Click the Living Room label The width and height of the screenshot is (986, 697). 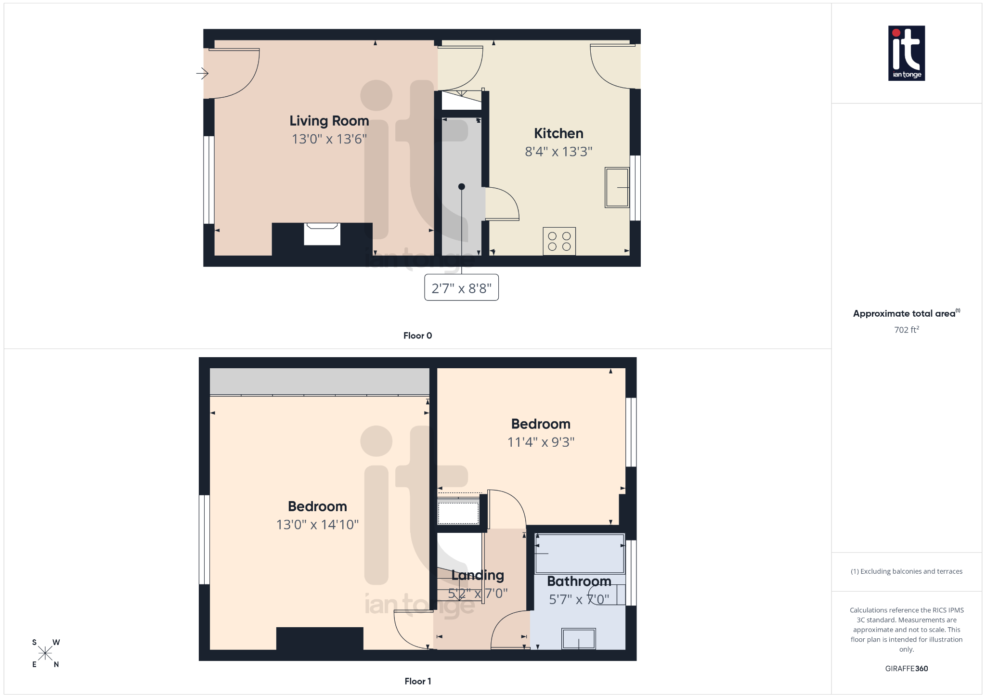click(329, 121)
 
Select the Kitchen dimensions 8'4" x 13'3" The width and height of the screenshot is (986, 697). click(558, 152)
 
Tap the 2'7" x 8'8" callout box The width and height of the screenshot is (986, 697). click(461, 288)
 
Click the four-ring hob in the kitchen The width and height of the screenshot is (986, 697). click(559, 241)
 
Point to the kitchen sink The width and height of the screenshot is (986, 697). click(617, 188)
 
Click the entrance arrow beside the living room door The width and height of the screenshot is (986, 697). click(202, 74)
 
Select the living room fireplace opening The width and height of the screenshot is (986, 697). click(322, 234)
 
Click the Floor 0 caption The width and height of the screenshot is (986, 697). click(417, 336)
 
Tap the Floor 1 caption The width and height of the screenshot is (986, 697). click(417, 681)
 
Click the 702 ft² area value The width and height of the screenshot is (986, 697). click(906, 330)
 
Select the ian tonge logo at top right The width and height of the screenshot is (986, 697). click(906, 53)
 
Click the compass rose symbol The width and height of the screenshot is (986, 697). click(45, 653)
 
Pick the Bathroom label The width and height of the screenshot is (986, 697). click(579, 581)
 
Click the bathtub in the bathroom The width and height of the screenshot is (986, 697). click(579, 554)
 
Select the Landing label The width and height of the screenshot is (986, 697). click(478, 575)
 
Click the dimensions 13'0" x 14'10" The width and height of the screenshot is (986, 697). click(317, 525)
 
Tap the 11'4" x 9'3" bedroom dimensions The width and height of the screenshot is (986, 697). click(541, 442)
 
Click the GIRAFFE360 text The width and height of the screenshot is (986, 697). click(906, 669)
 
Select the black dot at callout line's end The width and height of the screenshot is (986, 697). click(461, 187)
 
